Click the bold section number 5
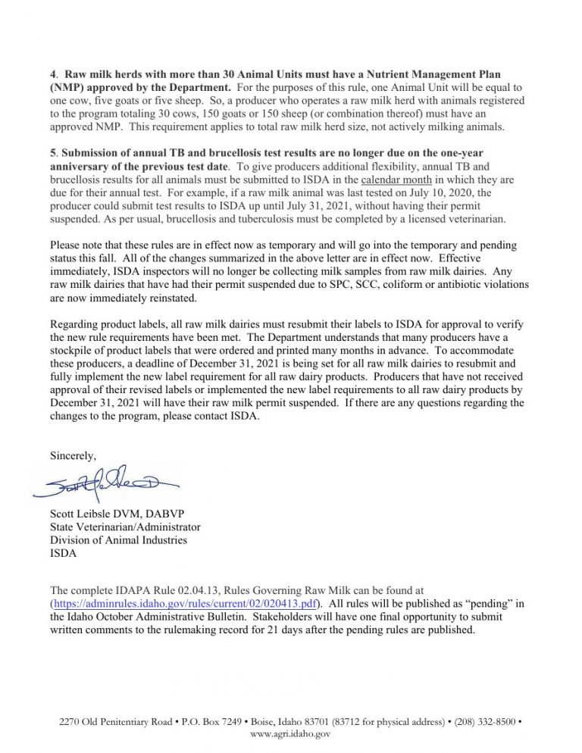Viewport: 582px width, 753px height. click(x=52, y=153)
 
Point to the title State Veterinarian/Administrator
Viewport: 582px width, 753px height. click(x=125, y=526)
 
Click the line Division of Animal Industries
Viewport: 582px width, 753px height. click(x=118, y=539)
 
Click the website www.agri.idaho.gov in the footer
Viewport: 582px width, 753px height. click(x=290, y=734)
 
